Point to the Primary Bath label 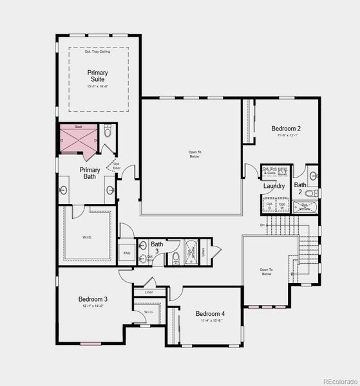(x=90, y=173)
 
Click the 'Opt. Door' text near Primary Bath (x=117, y=165)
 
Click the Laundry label (x=274, y=187)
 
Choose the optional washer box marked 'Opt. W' (x=281, y=205)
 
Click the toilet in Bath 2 (x=310, y=193)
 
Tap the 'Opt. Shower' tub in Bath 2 (x=305, y=207)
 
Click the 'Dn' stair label (x=263, y=225)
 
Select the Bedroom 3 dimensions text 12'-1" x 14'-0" (x=93, y=306)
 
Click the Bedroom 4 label (x=210, y=314)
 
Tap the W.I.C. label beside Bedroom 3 (x=148, y=312)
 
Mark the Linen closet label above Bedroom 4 (x=149, y=293)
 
